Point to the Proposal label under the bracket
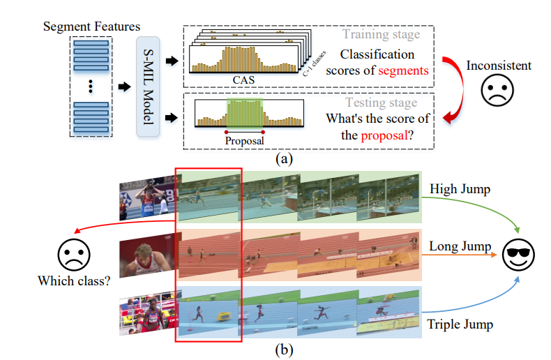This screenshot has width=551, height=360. click(x=243, y=140)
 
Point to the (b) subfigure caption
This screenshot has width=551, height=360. click(x=283, y=350)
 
